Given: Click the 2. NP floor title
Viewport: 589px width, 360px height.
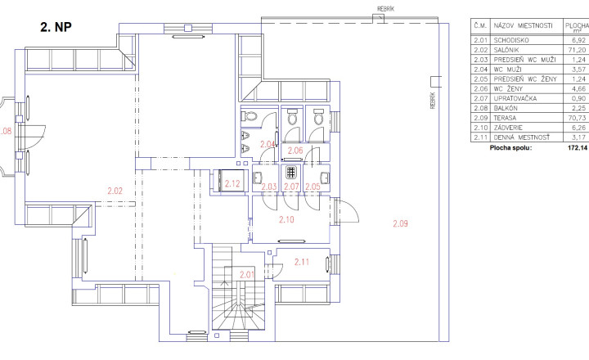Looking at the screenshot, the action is [56, 27].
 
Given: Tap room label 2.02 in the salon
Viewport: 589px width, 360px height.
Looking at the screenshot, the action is [115, 191].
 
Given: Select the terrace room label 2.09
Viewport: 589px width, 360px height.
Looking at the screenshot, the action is [400, 223].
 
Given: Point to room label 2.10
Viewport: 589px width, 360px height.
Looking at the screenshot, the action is [286, 219].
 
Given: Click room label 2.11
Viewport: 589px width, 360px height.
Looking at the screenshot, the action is [302, 262].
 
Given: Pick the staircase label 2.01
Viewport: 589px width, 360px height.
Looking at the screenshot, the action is [247, 275].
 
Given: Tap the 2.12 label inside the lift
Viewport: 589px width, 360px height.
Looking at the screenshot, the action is [232, 184].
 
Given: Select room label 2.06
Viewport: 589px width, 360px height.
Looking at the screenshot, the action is [295, 151].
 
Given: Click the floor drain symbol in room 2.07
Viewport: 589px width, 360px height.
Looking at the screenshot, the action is [291, 173].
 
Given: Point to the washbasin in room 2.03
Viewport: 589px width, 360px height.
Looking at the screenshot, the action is [258, 178].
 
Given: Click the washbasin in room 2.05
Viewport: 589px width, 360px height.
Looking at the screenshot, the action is [325, 178].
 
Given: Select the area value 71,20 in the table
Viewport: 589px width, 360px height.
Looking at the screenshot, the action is [577, 50].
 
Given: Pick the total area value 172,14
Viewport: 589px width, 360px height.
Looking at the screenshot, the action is [578, 148].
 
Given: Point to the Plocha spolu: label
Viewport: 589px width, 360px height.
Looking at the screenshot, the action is [510, 148].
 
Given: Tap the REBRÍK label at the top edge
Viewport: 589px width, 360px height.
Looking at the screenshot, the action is [386, 9].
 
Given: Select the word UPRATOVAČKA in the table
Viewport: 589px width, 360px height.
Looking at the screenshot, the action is [515, 98].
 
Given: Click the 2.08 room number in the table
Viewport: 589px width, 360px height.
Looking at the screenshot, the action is [480, 108].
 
